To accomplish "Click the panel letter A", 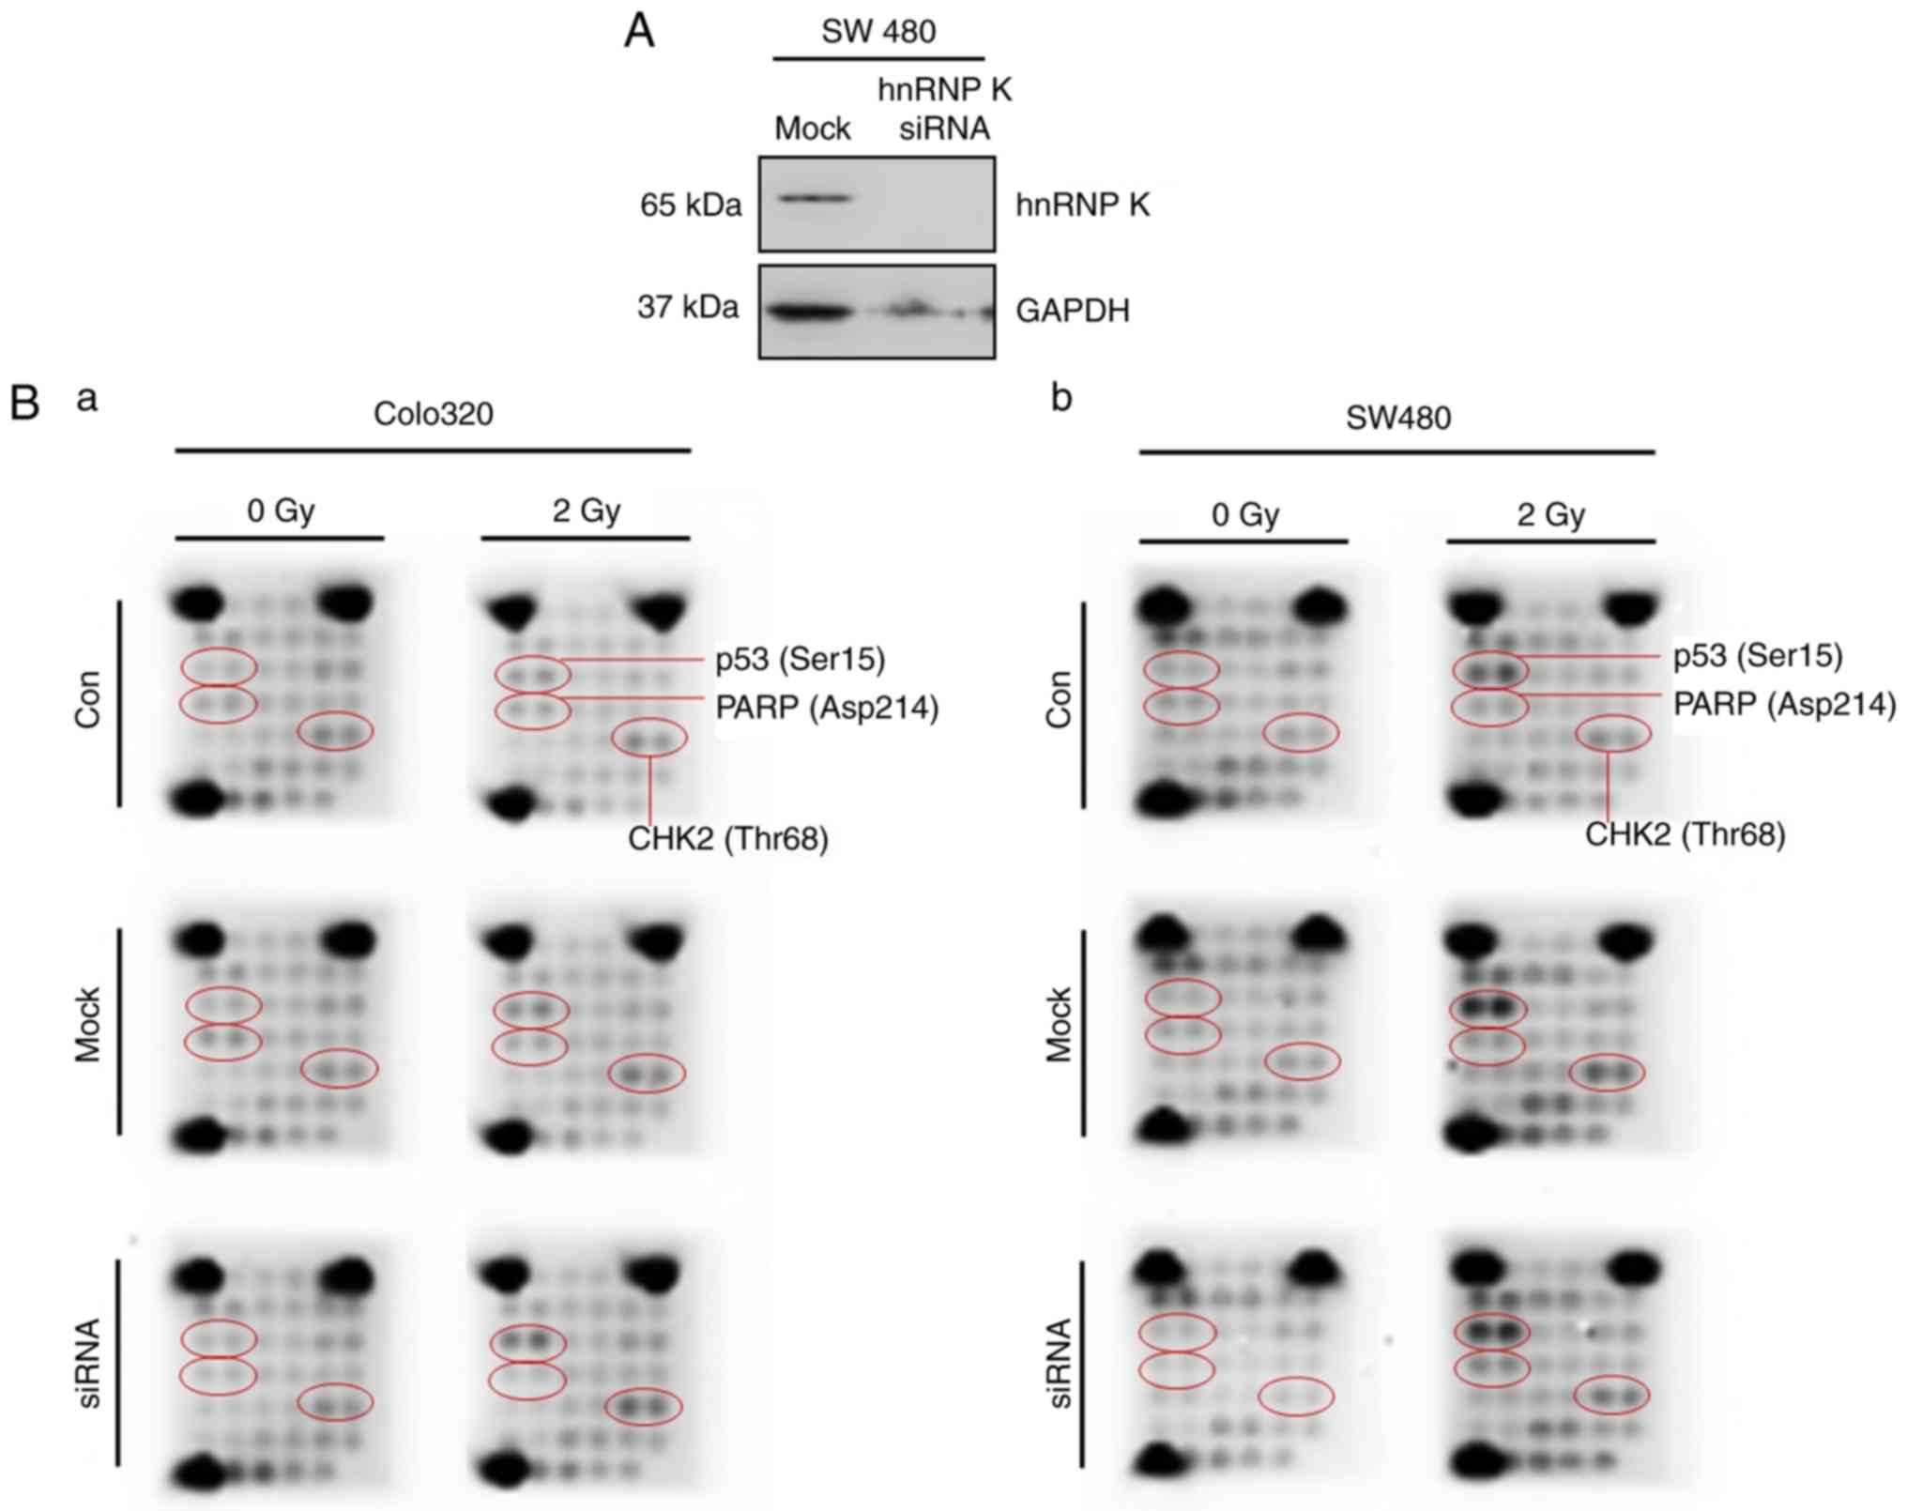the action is (639, 32).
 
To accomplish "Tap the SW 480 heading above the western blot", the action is (878, 32).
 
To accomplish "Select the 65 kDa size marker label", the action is (691, 205).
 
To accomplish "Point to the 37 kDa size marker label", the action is (688, 307).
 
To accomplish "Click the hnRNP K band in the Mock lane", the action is (813, 198).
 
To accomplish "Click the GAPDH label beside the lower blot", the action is (1072, 311).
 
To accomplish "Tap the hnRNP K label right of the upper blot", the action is (1082, 205).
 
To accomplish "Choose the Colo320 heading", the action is (433, 414).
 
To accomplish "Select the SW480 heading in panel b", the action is (1397, 418).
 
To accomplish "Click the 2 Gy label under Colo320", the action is (587, 511).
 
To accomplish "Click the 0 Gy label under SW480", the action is (1245, 514).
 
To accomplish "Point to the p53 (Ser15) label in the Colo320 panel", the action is (800, 660).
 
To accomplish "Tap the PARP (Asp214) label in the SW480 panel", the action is (1784, 704).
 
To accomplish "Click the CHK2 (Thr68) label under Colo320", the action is (728, 838).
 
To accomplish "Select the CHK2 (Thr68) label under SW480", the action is (1685, 834).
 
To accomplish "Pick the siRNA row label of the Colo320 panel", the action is (88, 1363).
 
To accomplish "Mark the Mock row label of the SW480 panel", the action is (1059, 1025).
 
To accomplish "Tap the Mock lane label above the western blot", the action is (812, 129).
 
